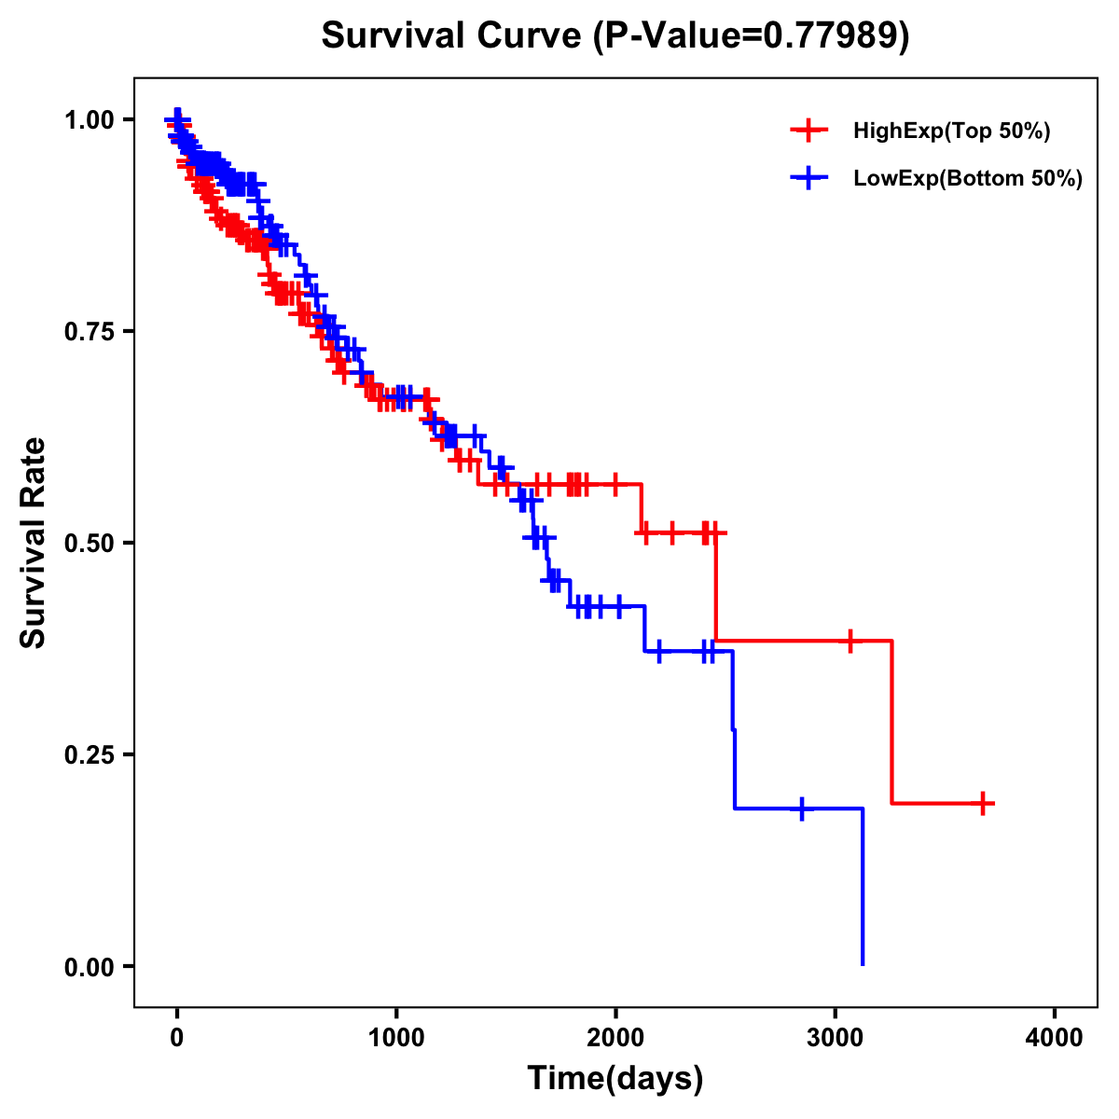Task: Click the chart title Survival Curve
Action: tap(615, 35)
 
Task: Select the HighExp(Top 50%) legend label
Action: tap(952, 131)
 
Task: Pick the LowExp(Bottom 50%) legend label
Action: tap(968, 179)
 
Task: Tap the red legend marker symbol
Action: tap(809, 131)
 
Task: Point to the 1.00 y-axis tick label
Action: tap(89, 120)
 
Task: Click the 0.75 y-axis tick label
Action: tap(89, 332)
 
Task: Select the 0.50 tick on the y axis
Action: tap(89, 544)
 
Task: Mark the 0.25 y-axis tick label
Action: tap(89, 755)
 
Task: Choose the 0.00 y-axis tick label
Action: tap(89, 967)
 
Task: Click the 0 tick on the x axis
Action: tap(177, 1038)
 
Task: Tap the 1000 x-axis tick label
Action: tap(396, 1038)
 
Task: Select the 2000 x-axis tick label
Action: tap(615, 1038)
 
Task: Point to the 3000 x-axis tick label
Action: tap(835, 1038)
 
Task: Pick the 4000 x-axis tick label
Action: tap(1055, 1038)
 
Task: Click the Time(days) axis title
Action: tap(615, 1079)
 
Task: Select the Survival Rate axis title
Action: tap(34, 543)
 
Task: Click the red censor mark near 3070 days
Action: tap(850, 641)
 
